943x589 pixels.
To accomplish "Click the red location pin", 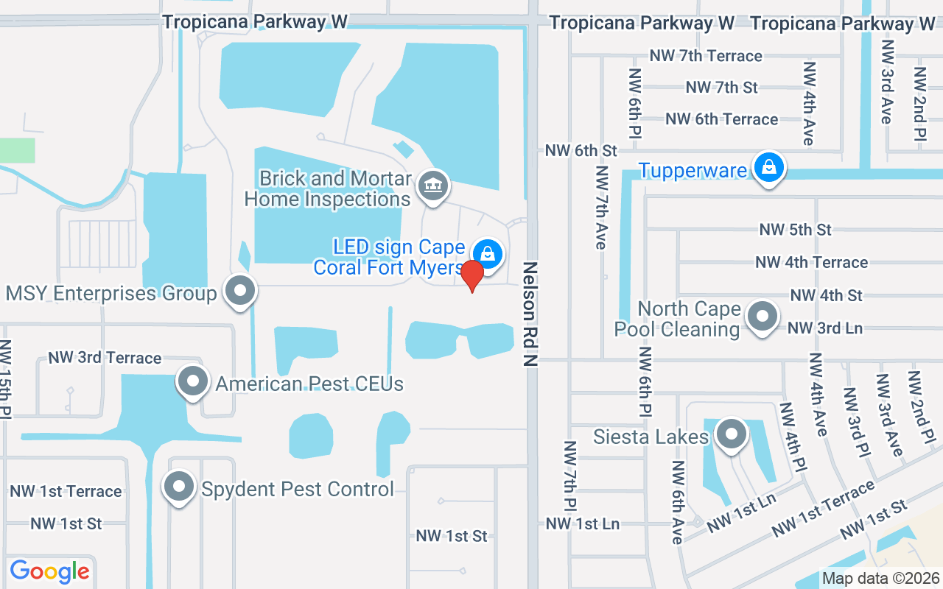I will [x=471, y=275].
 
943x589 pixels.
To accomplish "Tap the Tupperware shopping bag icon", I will [x=768, y=169].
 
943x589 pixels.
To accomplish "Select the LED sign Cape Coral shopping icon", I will [x=487, y=255].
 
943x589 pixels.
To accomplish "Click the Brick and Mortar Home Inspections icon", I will [x=433, y=185].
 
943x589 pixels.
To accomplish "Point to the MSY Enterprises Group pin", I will [x=239, y=292].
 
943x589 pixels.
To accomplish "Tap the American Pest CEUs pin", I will [x=193, y=382].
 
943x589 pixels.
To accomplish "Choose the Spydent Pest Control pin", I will [x=179, y=487].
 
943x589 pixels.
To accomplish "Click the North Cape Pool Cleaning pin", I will [x=762, y=317].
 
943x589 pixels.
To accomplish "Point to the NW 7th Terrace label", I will [x=706, y=56].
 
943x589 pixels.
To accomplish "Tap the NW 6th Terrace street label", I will [x=721, y=119].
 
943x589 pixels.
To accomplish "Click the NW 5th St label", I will [x=795, y=230].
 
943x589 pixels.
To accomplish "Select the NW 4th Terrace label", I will [x=811, y=262].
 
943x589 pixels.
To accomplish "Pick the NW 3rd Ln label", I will [x=825, y=328].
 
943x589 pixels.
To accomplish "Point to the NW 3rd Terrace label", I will [x=105, y=358].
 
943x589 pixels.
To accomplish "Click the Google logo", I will [x=49, y=571].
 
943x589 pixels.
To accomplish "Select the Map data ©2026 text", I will [x=881, y=578].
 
